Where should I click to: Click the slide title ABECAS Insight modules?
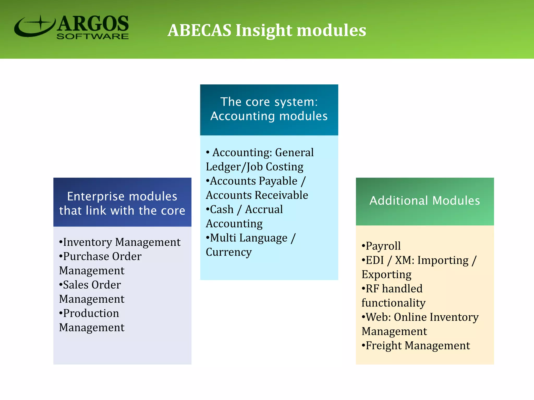pos(266,30)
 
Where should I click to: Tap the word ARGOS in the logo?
pos(93,24)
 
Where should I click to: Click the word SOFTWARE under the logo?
pos(93,36)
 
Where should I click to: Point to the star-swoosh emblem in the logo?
pos(35,26)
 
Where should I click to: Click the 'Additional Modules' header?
pos(425,201)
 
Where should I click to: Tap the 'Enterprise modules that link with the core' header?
pos(122,203)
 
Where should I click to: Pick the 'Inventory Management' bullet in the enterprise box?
pos(122,242)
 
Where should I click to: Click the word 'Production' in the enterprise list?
pos(91,313)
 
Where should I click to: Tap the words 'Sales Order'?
pos(92,285)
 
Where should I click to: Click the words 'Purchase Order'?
pos(102,257)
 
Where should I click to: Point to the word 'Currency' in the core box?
pos(229,252)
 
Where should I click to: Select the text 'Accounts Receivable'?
pos(257,195)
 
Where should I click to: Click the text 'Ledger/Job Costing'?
pos(254,167)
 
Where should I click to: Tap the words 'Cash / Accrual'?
pos(246,210)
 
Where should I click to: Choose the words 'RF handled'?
pos(394,289)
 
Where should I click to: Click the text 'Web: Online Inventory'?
pos(422,317)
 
